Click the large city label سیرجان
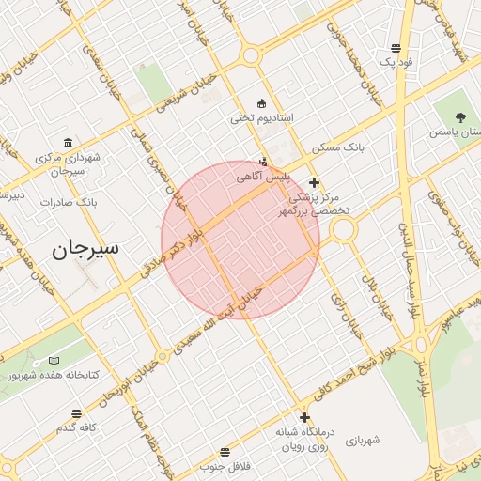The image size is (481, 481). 86,249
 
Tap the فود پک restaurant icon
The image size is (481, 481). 398,48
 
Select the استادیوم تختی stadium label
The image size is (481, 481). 262,119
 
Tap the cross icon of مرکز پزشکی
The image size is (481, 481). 314,182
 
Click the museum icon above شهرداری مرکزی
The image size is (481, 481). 69,143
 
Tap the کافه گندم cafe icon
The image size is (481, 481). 76,413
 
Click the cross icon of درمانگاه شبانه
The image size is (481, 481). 304,418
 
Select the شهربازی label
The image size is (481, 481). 361,440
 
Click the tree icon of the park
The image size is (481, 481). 460,117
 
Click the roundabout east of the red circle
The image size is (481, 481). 343,230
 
